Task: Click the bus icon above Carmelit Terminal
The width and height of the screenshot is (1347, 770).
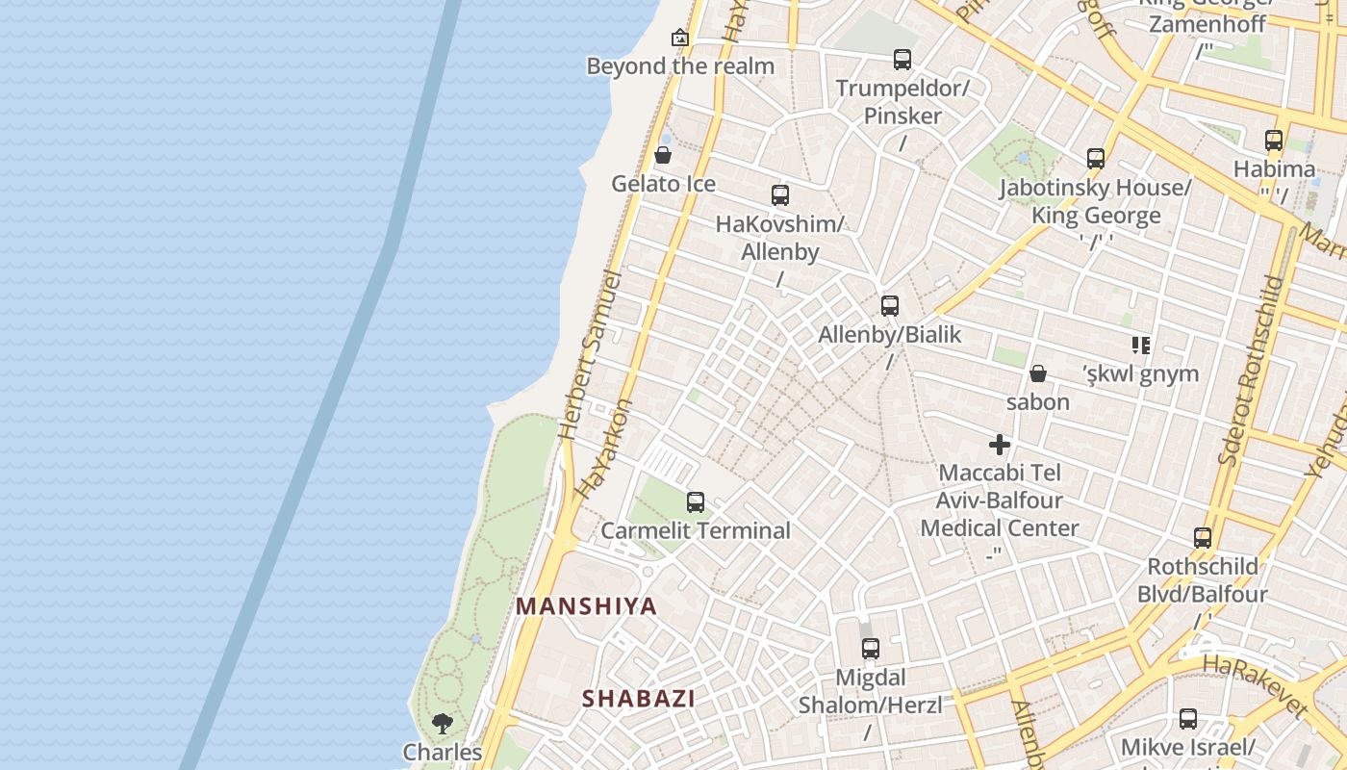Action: click(x=695, y=501)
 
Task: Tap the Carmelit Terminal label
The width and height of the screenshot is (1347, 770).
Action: click(x=696, y=530)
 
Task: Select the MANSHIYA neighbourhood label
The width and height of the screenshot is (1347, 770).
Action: click(x=587, y=606)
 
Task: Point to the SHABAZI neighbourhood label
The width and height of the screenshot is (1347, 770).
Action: click(x=638, y=699)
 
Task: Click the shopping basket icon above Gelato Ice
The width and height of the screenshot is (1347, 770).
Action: click(x=663, y=155)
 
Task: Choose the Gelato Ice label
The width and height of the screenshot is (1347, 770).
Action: click(x=664, y=183)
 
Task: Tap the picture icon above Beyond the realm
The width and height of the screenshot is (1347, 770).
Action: click(x=680, y=38)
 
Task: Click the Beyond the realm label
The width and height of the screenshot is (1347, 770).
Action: click(x=680, y=66)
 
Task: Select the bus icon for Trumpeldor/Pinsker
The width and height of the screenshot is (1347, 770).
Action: click(x=902, y=60)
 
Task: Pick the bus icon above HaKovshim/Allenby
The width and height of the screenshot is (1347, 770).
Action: click(x=780, y=195)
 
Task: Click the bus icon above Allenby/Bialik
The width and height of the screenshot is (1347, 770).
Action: click(x=890, y=306)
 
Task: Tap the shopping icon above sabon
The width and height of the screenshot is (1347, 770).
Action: click(x=1038, y=373)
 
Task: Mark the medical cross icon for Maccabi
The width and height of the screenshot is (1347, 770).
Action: click(x=1000, y=445)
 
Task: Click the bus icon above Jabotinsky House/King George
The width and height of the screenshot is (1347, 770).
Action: click(x=1095, y=159)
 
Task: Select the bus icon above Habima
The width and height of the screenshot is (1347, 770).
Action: click(x=1274, y=141)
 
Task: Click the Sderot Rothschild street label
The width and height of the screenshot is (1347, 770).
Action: click(x=1251, y=371)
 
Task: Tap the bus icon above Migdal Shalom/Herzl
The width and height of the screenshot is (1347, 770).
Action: click(x=871, y=649)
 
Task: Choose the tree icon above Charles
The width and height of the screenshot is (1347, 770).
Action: click(x=443, y=723)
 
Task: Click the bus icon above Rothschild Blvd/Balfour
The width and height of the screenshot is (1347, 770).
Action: click(x=1203, y=538)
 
